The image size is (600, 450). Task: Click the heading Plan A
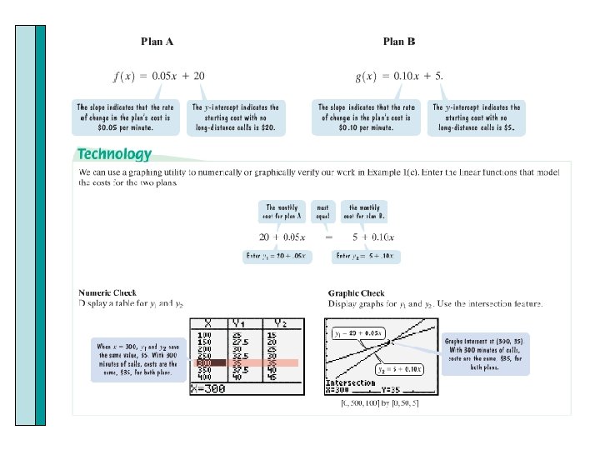point(157,41)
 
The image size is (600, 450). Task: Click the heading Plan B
point(398,41)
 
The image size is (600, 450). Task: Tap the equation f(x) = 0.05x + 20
point(158,76)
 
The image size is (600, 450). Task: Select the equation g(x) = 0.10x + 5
point(399,76)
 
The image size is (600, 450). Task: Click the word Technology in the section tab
point(114,154)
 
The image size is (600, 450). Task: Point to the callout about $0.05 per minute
point(127,117)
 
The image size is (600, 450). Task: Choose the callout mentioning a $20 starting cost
point(237,117)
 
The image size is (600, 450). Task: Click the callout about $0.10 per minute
point(367,117)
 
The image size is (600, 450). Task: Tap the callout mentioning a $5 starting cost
point(477,117)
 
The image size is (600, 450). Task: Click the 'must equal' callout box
point(322,212)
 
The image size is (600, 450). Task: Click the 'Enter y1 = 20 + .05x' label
point(277,257)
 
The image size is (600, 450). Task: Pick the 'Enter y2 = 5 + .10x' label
point(364,257)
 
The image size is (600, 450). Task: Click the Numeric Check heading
point(107,293)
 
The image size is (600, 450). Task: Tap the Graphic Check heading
point(357,293)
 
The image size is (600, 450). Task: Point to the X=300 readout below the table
point(208,389)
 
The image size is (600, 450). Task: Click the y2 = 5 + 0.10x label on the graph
point(399,367)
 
